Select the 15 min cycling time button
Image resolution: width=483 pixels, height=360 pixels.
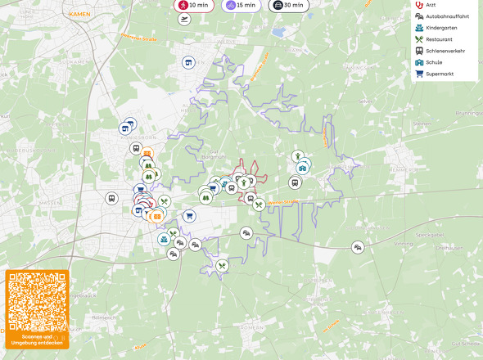(x=241, y=5)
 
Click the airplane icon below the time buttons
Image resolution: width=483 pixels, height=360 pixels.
(x=184, y=19)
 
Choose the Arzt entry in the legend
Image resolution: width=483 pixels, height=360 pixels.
(x=431, y=5)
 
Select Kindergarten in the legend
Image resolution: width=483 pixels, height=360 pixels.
(x=442, y=28)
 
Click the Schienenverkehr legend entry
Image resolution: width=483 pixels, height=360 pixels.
(x=445, y=51)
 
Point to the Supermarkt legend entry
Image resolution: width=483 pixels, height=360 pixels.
(x=439, y=74)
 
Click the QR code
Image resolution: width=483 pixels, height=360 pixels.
(x=37, y=300)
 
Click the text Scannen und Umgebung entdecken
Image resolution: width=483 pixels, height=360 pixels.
(x=37, y=340)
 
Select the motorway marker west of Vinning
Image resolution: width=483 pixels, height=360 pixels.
(x=358, y=247)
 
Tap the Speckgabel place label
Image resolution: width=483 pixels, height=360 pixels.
(x=429, y=235)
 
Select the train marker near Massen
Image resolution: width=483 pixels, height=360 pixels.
(x=111, y=199)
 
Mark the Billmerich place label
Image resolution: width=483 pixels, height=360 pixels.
(x=106, y=317)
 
